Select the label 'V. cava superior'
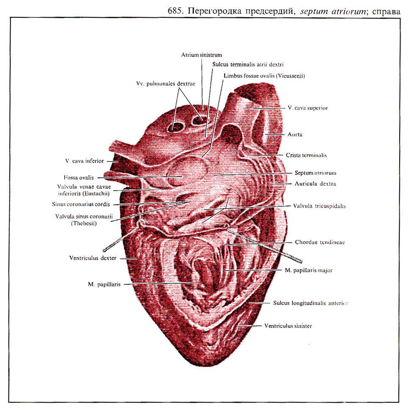[x=307, y=108]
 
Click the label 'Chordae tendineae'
[x=317, y=243]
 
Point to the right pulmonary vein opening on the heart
[x=198, y=121]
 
